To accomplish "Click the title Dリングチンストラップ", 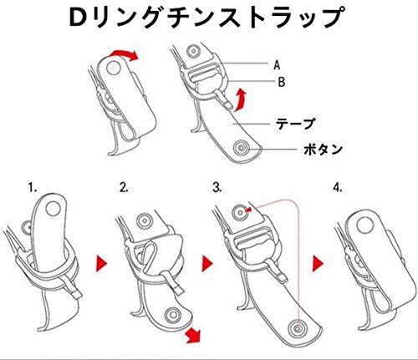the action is tap(206, 18).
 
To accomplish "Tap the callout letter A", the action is tap(277, 65).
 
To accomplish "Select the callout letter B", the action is tap(282, 82).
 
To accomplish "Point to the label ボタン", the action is tap(323, 150).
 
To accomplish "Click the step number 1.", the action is tap(33, 188).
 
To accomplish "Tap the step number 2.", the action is tap(124, 188).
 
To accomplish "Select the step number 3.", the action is tap(217, 188).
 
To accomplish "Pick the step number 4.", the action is tap(338, 188).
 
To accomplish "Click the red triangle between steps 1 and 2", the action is tap(101, 263).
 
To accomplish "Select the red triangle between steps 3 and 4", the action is tap(317, 264).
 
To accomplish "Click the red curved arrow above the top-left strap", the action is tap(124, 54).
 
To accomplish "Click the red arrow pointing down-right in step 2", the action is tap(193, 335).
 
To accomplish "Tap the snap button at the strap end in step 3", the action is tap(298, 328).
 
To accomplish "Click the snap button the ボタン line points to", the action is tap(242, 148).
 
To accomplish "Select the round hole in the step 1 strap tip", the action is tap(54, 209).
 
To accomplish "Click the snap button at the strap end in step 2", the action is tap(173, 316).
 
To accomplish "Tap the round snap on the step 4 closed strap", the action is tap(364, 226).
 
